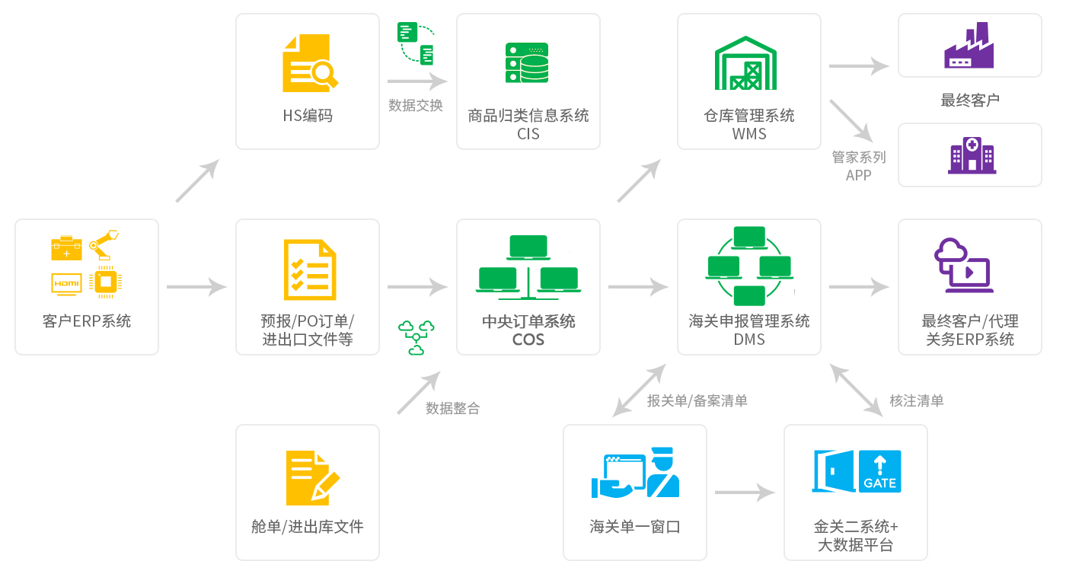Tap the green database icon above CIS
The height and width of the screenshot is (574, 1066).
[x=527, y=63]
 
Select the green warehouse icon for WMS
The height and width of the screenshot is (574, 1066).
[x=745, y=63]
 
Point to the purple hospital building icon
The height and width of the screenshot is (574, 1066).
[x=971, y=155]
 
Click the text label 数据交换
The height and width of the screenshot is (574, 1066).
[x=416, y=106]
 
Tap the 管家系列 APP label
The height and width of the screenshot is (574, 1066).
[x=859, y=166]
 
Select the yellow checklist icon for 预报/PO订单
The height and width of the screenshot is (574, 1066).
[x=309, y=270]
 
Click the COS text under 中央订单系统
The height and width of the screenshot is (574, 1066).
[x=528, y=340]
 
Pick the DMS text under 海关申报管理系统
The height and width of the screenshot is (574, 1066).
[x=749, y=340]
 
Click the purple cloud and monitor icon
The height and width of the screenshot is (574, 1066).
[x=963, y=266]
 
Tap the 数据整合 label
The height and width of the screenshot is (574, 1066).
[x=452, y=408]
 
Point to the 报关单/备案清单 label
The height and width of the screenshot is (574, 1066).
[x=697, y=400]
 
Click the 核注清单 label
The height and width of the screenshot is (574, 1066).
[x=917, y=400]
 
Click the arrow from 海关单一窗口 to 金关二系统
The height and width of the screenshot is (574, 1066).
[x=745, y=493]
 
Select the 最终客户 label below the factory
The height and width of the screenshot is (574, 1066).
[x=970, y=100]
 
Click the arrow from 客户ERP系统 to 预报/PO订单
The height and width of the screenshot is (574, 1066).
[x=196, y=287]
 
